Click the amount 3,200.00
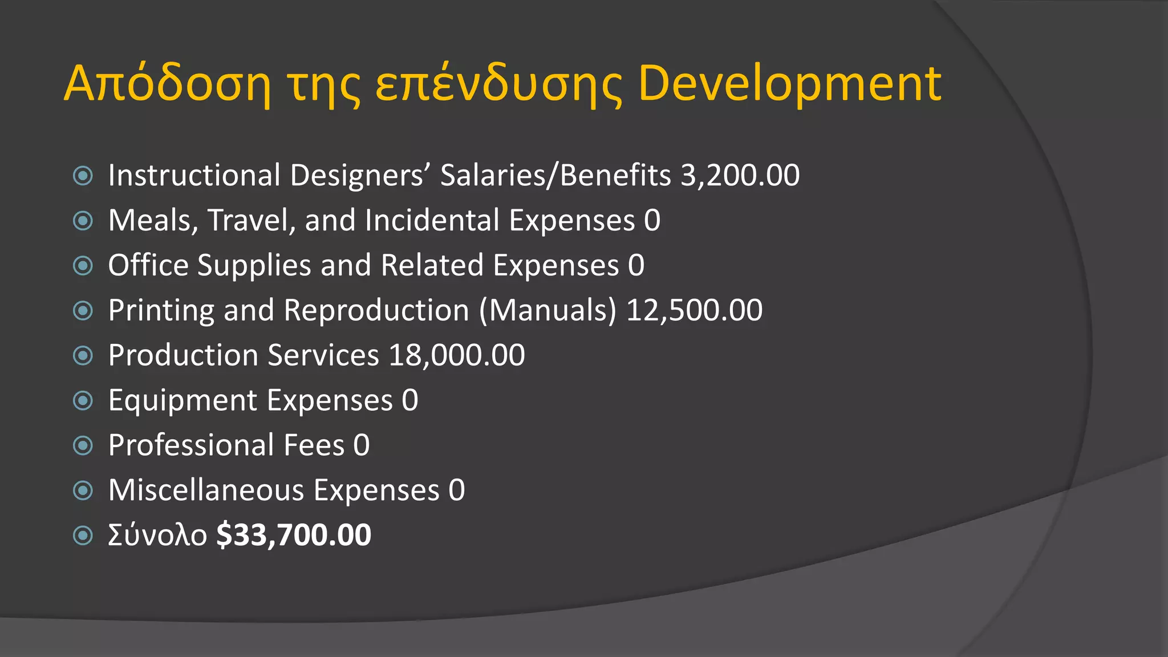coord(740,175)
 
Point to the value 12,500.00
coord(694,310)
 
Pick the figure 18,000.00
coord(457,355)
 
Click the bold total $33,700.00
coord(294,535)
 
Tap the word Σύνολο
coord(157,536)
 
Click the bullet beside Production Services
coord(83,356)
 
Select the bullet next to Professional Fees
coord(83,445)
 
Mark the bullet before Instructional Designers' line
coord(83,176)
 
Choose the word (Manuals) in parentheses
coord(547,311)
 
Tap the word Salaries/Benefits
coord(555,175)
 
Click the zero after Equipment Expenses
coord(410,400)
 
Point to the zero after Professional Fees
coord(362,445)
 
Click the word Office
coord(148,265)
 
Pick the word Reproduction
coord(376,311)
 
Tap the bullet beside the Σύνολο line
coord(83,536)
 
